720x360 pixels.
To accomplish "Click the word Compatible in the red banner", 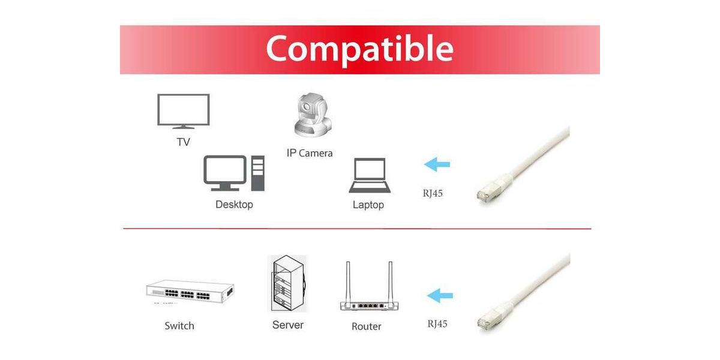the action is click(359, 49).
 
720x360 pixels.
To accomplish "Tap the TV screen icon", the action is click(183, 111).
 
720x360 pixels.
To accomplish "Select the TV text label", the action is click(183, 142).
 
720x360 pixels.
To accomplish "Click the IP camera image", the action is click(313, 115).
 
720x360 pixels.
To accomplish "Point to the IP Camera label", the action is click(310, 153).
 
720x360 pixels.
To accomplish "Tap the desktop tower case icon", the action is click(258, 173).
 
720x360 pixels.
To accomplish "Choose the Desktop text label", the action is click(234, 205).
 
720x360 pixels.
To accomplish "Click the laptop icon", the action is click(370, 175).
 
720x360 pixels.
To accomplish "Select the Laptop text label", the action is click(368, 205).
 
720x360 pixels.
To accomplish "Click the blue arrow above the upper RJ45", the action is click(437, 164).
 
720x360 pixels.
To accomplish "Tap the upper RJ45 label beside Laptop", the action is click(433, 193).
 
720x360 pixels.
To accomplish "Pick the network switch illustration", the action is click(190, 292).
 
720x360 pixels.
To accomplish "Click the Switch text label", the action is click(179, 326).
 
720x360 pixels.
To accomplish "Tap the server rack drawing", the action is click(288, 283).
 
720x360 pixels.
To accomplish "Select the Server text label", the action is click(287, 325).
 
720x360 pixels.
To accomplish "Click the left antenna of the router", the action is click(348, 282).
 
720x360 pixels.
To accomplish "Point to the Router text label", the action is click(367, 326).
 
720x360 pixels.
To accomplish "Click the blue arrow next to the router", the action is click(440, 295).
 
